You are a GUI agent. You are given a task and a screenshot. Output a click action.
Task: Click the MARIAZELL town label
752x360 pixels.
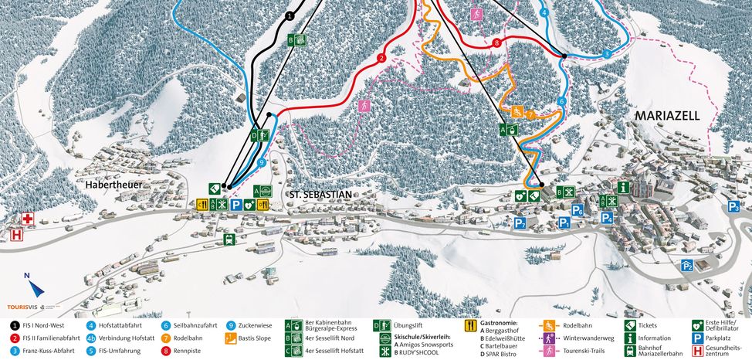tap(666, 116)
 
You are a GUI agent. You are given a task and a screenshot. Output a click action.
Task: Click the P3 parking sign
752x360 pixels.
tap(733, 206)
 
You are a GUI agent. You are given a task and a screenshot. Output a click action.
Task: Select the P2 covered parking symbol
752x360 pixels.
tap(686, 265)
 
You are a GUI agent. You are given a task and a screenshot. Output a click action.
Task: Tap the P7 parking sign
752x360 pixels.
tap(521, 223)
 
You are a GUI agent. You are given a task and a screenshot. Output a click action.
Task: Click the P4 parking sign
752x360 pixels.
tap(608, 218)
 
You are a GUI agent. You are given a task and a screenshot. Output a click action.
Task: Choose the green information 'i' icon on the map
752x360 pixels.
tap(623, 187)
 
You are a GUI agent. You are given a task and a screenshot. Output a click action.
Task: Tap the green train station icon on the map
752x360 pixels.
tap(229, 239)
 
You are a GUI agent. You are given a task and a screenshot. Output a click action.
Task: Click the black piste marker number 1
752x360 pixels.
tap(290, 15)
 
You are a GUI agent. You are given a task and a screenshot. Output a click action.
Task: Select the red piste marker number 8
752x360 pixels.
tap(496, 42)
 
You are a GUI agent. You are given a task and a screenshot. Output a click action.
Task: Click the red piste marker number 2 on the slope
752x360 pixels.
tap(381, 58)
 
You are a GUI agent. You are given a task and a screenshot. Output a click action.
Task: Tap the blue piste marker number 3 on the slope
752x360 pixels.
tap(608, 53)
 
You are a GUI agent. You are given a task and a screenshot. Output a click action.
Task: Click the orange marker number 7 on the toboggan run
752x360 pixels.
tap(530, 114)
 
